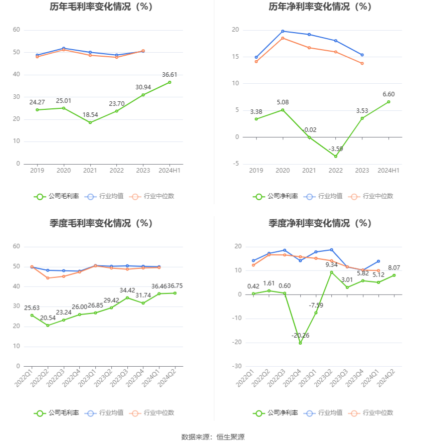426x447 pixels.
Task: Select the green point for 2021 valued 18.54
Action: (90, 122)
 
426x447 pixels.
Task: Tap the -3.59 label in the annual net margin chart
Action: (336, 149)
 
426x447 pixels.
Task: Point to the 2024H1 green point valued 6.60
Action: (388, 102)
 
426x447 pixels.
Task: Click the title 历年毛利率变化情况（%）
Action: (101, 7)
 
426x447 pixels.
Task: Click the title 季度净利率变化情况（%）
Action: (320, 223)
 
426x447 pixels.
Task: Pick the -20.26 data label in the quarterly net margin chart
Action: (301, 335)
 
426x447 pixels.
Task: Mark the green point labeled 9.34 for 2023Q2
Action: (331, 272)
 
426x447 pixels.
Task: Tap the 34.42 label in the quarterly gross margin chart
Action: (127, 290)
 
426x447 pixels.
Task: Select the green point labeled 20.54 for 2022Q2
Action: (48, 325)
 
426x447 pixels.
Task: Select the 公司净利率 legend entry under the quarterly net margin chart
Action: (276, 413)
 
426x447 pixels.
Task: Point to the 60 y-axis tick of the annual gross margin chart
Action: (17, 30)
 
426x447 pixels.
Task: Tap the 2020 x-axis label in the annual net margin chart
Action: (283, 171)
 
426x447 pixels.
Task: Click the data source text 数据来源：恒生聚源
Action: (213, 437)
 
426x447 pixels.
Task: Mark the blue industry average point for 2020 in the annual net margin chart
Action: (283, 31)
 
